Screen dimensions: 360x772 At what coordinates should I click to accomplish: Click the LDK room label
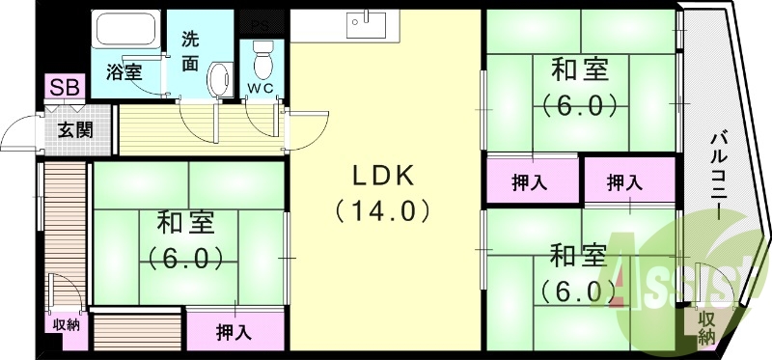tap(382, 176)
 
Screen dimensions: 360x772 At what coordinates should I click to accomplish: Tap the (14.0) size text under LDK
tap(382, 210)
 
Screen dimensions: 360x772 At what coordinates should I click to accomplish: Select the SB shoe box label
tap(66, 88)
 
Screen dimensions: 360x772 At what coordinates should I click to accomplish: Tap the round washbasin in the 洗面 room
tap(221, 76)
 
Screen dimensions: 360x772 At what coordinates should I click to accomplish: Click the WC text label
tap(261, 89)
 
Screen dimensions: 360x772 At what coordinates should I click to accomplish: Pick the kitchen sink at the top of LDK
tap(367, 23)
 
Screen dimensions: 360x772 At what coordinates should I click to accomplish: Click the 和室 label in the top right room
tap(579, 70)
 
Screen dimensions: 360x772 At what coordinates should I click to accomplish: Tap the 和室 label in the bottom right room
tap(578, 256)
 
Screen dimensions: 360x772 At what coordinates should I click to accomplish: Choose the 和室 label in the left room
tap(185, 223)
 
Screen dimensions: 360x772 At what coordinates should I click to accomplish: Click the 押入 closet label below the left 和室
tap(234, 333)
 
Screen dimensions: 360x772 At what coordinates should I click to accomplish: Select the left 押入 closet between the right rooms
tap(530, 181)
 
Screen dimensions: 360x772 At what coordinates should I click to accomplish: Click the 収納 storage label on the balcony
tap(706, 327)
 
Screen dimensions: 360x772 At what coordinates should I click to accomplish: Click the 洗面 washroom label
tap(191, 52)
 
